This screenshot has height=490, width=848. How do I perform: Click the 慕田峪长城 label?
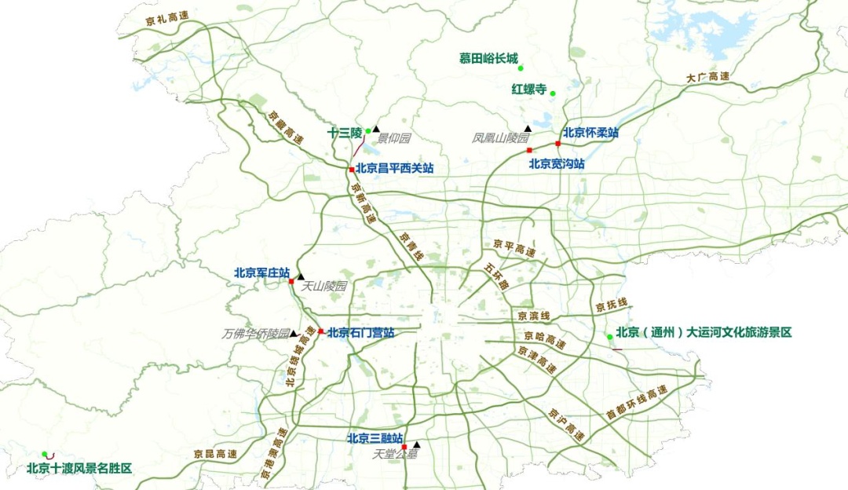tap(488, 58)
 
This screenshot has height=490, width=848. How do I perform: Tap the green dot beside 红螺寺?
tap(553, 93)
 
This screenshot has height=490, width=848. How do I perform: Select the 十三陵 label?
tap(345, 133)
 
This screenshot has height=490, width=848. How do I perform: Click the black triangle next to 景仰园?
tap(376, 129)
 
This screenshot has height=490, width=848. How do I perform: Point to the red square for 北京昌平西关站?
tap(351, 169)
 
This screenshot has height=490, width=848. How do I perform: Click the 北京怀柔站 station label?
tap(590, 133)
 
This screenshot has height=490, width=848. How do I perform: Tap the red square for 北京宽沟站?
tap(530, 150)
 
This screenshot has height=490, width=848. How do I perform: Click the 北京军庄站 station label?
tap(261, 272)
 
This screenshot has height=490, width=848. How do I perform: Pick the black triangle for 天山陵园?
tap(300, 276)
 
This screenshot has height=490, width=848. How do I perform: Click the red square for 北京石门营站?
tap(320, 331)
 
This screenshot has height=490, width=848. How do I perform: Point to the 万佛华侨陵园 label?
tap(256, 333)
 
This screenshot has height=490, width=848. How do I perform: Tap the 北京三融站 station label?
tap(375, 438)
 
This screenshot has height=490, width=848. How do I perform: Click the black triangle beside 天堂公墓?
tap(417, 444)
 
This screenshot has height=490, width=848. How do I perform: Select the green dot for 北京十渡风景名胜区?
tap(46, 454)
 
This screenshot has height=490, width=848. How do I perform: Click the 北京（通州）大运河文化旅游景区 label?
tap(704, 332)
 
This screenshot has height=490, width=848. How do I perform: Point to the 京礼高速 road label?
tap(166, 19)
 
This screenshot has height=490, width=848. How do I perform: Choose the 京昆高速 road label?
tap(215, 454)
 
